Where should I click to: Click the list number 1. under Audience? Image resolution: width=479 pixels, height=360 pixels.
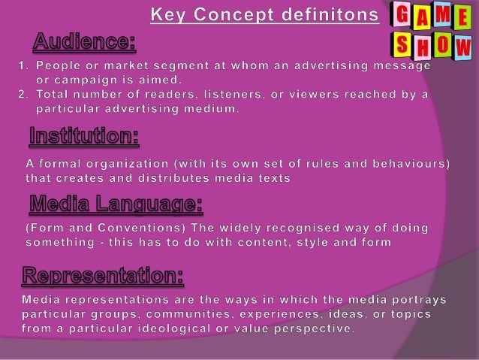(23, 67)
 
